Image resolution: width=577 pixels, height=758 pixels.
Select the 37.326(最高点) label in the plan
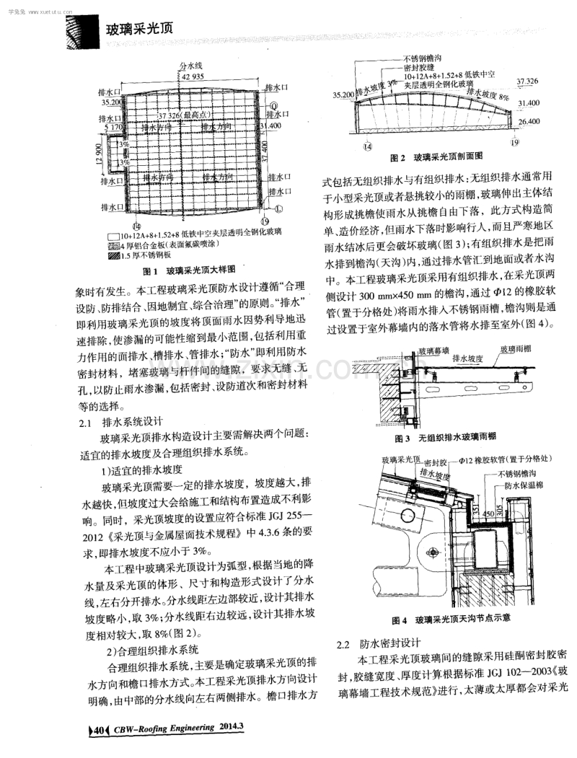(x=185, y=115)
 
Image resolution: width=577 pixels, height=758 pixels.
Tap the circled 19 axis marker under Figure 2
(x=514, y=144)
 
